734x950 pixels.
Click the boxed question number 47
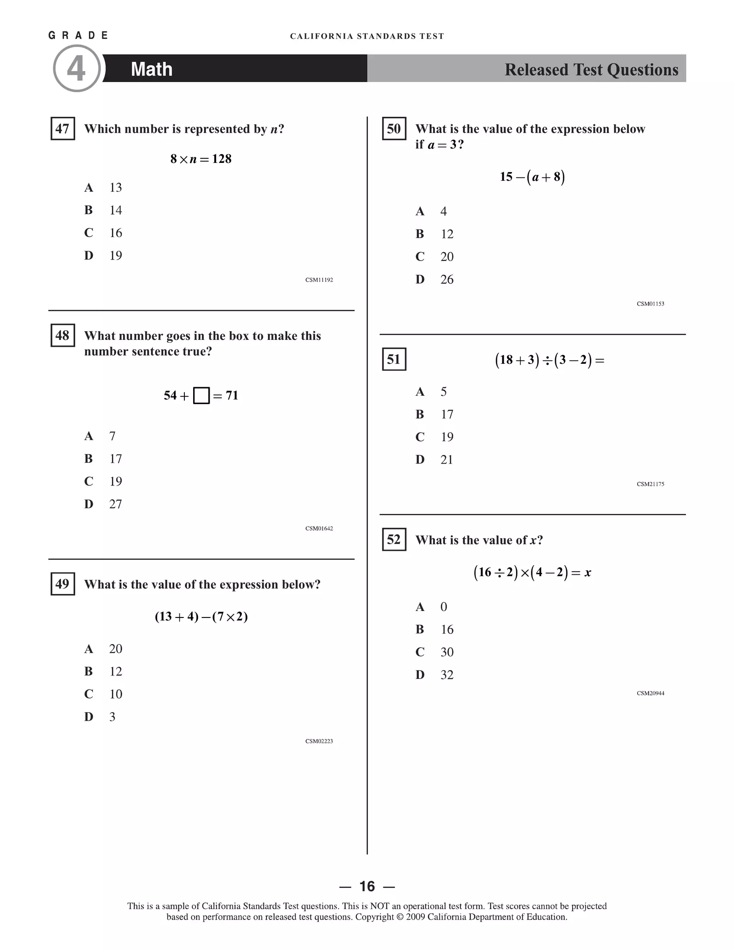point(62,129)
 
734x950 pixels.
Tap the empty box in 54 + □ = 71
point(201,395)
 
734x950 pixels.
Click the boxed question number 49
point(62,584)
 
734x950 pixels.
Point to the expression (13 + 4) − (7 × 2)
point(201,616)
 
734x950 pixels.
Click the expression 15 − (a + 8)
point(532,177)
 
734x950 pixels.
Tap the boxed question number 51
point(394,359)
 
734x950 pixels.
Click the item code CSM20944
point(650,693)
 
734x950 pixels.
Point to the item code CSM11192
point(319,280)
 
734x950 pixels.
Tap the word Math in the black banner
point(151,69)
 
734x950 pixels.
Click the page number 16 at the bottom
point(367,886)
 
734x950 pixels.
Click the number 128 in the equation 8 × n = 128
point(222,159)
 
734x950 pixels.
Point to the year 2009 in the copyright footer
point(415,917)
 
